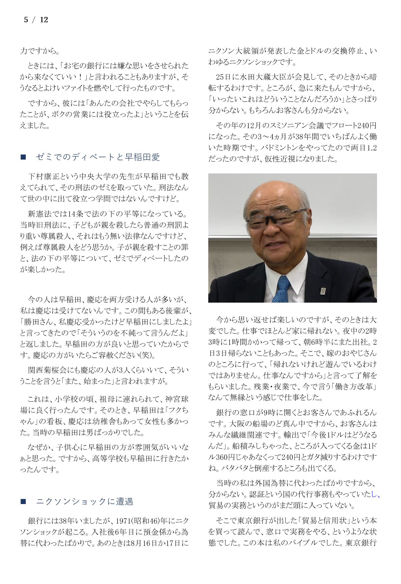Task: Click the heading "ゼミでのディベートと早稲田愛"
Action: tap(98, 157)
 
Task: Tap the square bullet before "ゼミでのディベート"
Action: tap(23, 157)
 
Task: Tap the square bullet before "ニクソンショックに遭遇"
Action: tap(23, 502)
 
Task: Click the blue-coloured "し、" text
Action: tap(376, 495)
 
